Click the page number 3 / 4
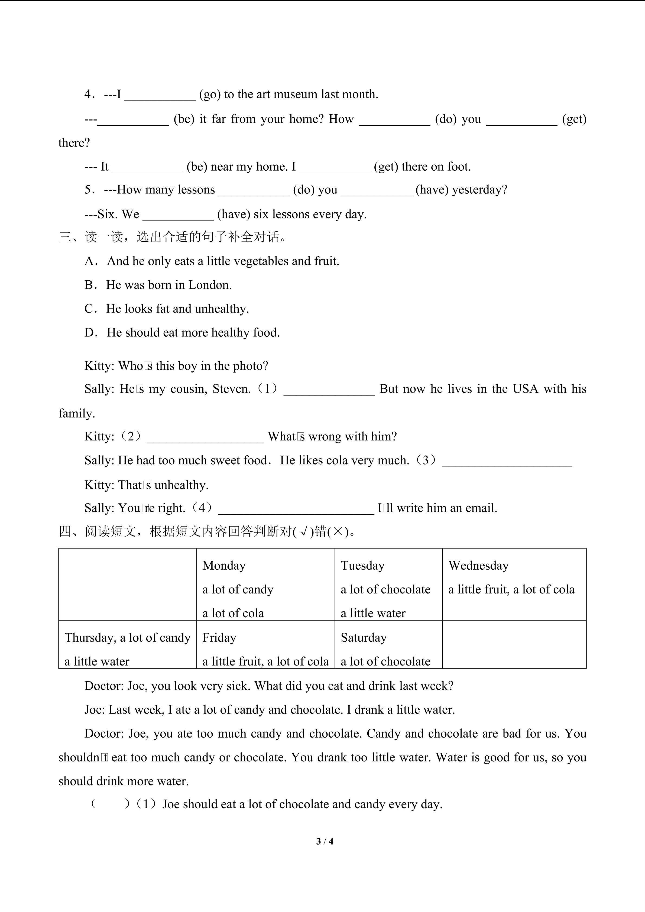[325, 841]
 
